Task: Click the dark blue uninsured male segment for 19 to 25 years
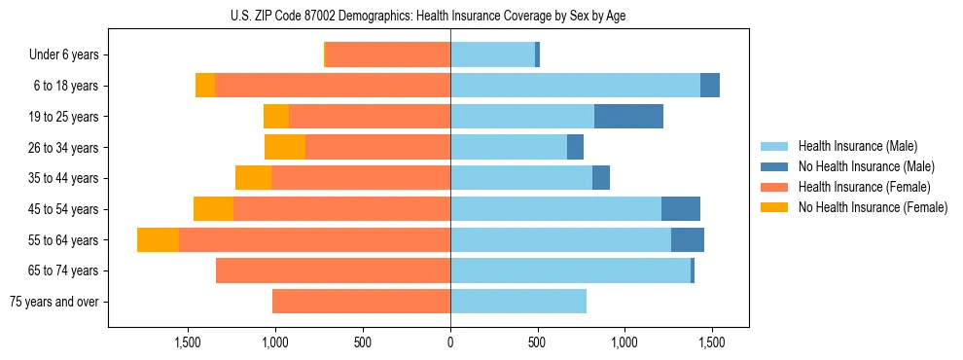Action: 628,117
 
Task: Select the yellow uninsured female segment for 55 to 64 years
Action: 158,240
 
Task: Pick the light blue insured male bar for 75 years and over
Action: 517,302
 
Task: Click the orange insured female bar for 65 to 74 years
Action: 333,270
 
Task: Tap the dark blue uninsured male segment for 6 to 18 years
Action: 710,86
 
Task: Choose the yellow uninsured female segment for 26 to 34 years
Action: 285,147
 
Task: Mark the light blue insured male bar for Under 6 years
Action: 492,54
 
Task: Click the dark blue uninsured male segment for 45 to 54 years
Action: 681,209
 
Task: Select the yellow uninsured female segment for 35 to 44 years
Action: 253,178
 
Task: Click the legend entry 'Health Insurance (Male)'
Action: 857,147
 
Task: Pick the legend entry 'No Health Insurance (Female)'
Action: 873,207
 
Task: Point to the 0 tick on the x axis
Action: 450,342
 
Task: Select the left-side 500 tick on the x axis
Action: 363,342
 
